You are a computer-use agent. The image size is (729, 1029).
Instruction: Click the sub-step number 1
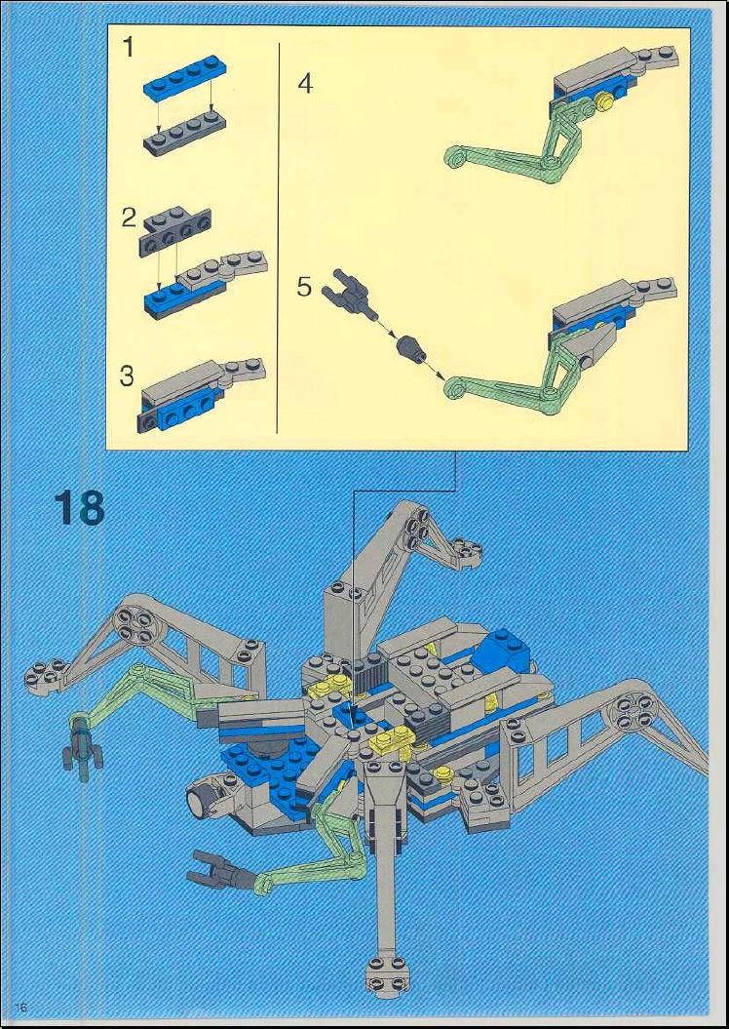tap(129, 47)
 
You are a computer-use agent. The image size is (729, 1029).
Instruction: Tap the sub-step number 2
tap(130, 218)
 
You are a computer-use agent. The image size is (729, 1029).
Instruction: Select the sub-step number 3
tap(127, 376)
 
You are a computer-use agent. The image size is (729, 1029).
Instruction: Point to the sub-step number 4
tap(305, 84)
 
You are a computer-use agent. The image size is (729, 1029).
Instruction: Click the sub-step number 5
tap(304, 287)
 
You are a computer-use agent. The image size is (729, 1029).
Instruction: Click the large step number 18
tap(79, 506)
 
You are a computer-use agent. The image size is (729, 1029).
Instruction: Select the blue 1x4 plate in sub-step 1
tap(183, 78)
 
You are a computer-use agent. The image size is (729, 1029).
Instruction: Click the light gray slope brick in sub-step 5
tap(590, 344)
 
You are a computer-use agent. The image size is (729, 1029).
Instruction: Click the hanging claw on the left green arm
tap(83, 748)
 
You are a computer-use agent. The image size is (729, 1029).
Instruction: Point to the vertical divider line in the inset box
tap(279, 238)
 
